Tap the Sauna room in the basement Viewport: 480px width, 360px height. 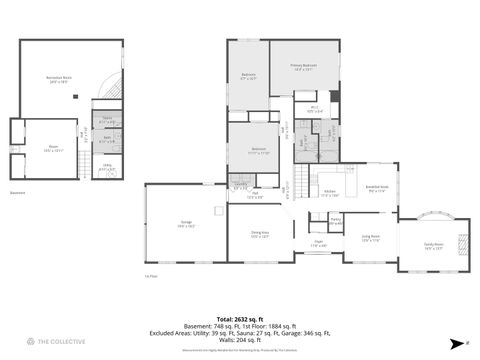click(107, 121)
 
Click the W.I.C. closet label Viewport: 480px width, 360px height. click(314, 109)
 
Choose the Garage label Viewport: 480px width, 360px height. click(186, 225)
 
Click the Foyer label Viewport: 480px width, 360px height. click(319, 243)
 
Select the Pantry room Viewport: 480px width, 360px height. click(336, 219)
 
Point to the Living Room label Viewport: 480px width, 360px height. click(371, 238)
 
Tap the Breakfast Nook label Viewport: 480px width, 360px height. click(377, 188)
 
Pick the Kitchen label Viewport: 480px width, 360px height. click(331, 194)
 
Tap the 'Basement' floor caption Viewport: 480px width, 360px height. click(18, 193)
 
